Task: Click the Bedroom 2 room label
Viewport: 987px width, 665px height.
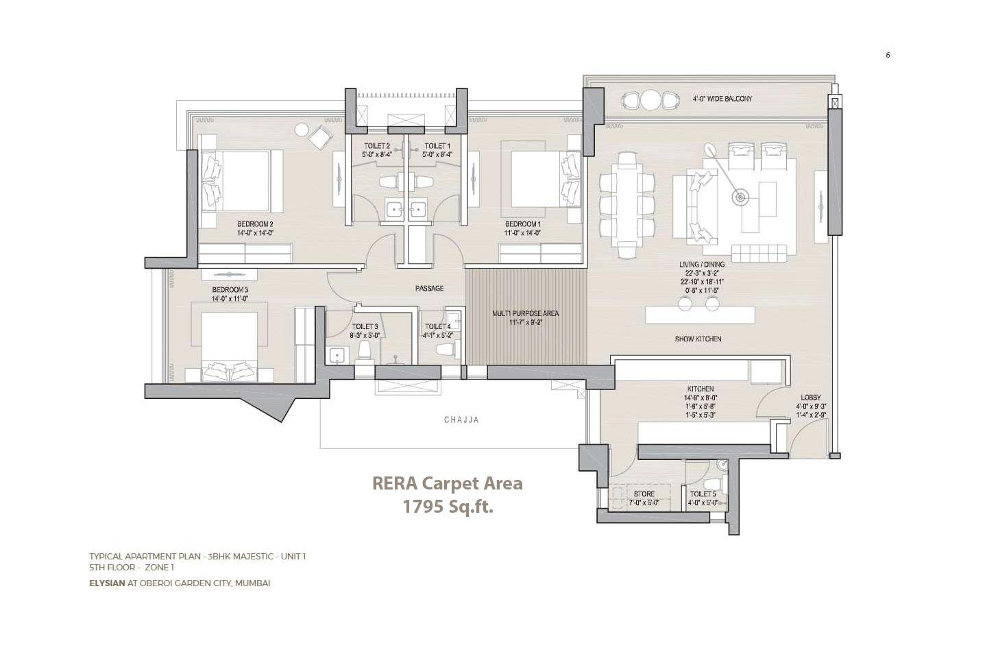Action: (255, 224)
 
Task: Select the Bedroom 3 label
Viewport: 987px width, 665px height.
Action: (230, 290)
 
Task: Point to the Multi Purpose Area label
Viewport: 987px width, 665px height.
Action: (526, 313)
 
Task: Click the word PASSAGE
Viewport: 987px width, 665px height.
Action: (429, 289)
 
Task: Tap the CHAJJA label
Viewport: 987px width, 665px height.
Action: (461, 420)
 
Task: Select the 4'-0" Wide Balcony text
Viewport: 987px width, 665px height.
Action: (722, 99)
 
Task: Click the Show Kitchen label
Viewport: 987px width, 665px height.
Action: (698, 339)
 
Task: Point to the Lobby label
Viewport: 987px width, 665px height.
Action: (811, 398)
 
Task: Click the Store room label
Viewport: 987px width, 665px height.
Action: (644, 494)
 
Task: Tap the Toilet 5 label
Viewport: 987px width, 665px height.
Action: (703, 494)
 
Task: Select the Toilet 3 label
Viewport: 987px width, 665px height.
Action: (365, 327)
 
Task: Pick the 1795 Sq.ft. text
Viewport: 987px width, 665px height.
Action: (448, 507)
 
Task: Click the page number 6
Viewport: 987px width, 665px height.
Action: (888, 56)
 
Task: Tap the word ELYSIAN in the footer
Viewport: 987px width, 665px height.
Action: (107, 583)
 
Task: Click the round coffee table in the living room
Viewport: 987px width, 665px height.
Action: (740, 198)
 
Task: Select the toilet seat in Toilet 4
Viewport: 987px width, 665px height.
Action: (446, 350)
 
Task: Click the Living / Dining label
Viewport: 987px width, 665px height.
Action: (702, 265)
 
